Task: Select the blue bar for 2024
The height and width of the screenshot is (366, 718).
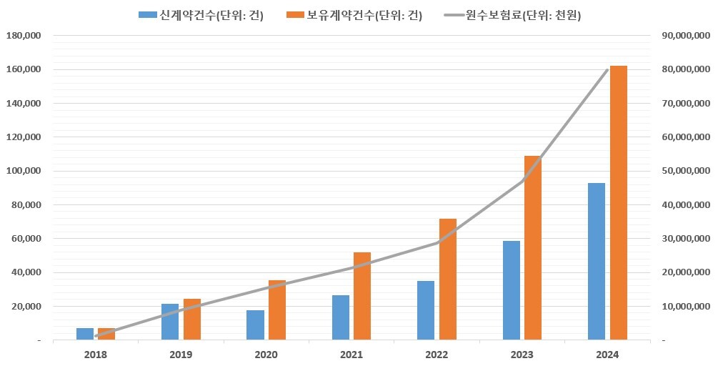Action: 597,261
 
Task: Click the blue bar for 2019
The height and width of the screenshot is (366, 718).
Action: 170,322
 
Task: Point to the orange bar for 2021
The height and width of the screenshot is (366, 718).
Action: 362,296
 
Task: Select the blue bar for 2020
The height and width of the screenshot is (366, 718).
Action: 255,325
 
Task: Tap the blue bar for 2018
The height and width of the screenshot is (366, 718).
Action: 85,334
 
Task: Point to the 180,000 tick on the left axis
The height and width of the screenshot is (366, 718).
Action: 24,35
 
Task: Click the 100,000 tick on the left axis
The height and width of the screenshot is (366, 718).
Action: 24,171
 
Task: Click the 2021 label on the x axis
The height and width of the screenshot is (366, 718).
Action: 351,355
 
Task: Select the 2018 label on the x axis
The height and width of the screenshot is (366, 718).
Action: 96,355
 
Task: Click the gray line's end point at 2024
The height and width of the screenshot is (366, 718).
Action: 607,69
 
